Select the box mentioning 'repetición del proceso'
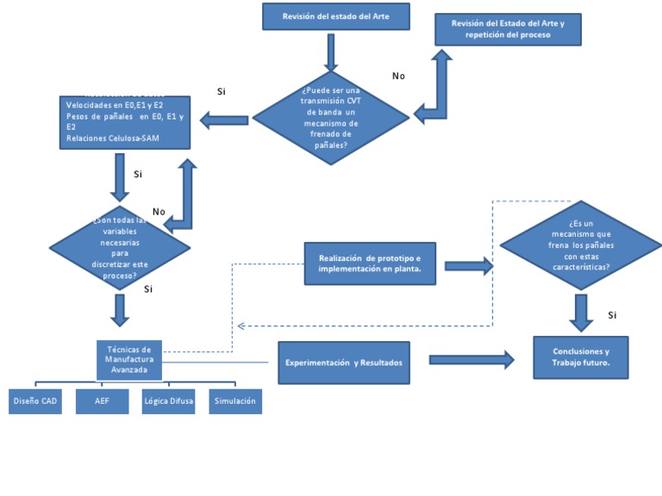[508, 29]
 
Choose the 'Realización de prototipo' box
[370, 263]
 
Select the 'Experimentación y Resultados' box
[344, 363]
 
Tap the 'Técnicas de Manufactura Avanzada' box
[128, 360]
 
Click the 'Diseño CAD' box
[36, 401]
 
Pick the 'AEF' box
[103, 401]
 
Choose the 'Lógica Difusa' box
[169, 401]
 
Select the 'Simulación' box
[235, 401]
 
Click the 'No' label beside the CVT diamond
[398, 77]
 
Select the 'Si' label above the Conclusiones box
[613, 315]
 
